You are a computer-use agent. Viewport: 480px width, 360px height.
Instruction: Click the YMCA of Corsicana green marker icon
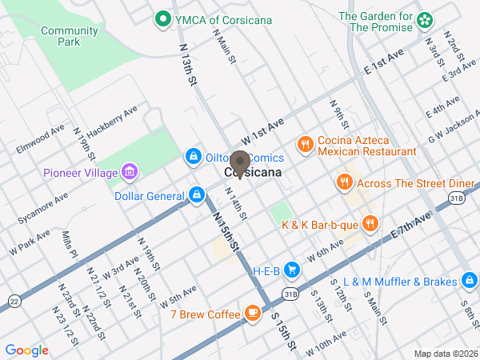click(x=162, y=17)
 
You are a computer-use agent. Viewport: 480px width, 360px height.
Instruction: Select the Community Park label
click(x=69, y=37)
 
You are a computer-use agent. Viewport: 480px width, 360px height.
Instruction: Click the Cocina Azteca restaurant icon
click(x=305, y=145)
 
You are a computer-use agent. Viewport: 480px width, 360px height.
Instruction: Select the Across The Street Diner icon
click(x=344, y=182)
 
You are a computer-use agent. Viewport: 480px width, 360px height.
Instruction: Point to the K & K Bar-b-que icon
click(x=369, y=224)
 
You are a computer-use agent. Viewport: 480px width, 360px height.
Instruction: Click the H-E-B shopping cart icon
click(x=295, y=271)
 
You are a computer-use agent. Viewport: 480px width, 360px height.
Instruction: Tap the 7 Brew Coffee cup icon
click(x=253, y=313)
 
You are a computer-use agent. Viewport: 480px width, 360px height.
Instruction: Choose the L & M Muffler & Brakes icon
click(x=470, y=281)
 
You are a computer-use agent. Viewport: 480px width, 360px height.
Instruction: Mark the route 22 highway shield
click(x=15, y=300)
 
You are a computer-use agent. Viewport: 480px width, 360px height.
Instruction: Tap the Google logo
click(x=27, y=350)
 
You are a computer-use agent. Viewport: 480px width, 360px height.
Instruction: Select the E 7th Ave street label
click(x=412, y=223)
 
